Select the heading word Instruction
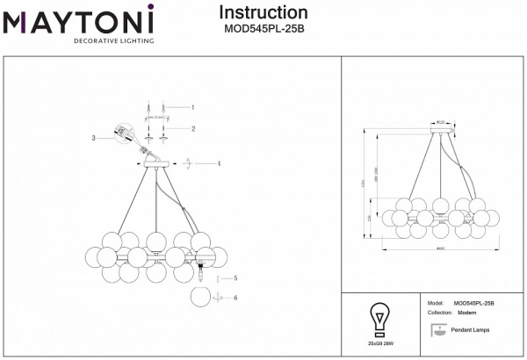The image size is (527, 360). coord(263,13)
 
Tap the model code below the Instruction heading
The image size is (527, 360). coord(263,27)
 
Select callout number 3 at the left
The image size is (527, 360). coord(92,139)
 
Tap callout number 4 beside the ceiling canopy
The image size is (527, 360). coord(219,163)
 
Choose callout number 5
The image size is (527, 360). coord(235,277)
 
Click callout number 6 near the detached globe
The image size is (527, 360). coord(235,298)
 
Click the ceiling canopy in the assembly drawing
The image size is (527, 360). coord(156,164)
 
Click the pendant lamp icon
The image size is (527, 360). coord(437,330)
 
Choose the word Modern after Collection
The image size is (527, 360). coord(467,313)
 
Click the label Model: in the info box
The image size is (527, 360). coord(434,303)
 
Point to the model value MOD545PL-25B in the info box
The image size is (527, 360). coord(474,303)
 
